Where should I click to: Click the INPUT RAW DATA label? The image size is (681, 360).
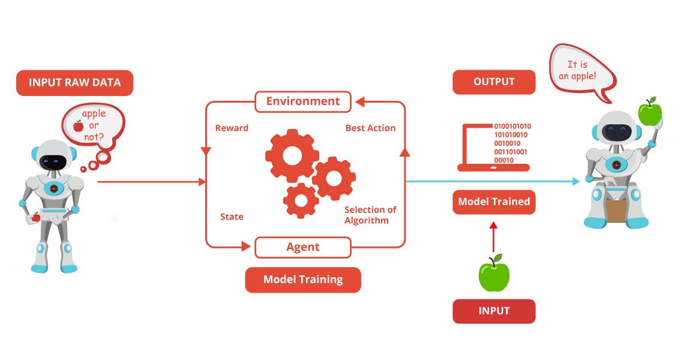[75, 83]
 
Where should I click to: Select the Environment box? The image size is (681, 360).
[303, 101]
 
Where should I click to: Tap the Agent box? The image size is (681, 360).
[303, 247]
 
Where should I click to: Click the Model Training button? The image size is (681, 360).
[303, 280]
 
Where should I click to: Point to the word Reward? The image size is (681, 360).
[232, 128]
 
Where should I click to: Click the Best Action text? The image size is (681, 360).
[371, 128]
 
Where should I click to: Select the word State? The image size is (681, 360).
[232, 217]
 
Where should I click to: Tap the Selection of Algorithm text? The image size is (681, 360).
[370, 215]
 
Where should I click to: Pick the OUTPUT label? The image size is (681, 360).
[494, 82]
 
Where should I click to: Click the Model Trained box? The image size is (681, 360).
[494, 202]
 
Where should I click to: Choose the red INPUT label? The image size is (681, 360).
[494, 311]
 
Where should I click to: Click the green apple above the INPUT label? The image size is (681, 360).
[494, 274]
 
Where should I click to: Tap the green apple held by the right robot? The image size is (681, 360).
[649, 112]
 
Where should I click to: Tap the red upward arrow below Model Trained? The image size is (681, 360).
[493, 236]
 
